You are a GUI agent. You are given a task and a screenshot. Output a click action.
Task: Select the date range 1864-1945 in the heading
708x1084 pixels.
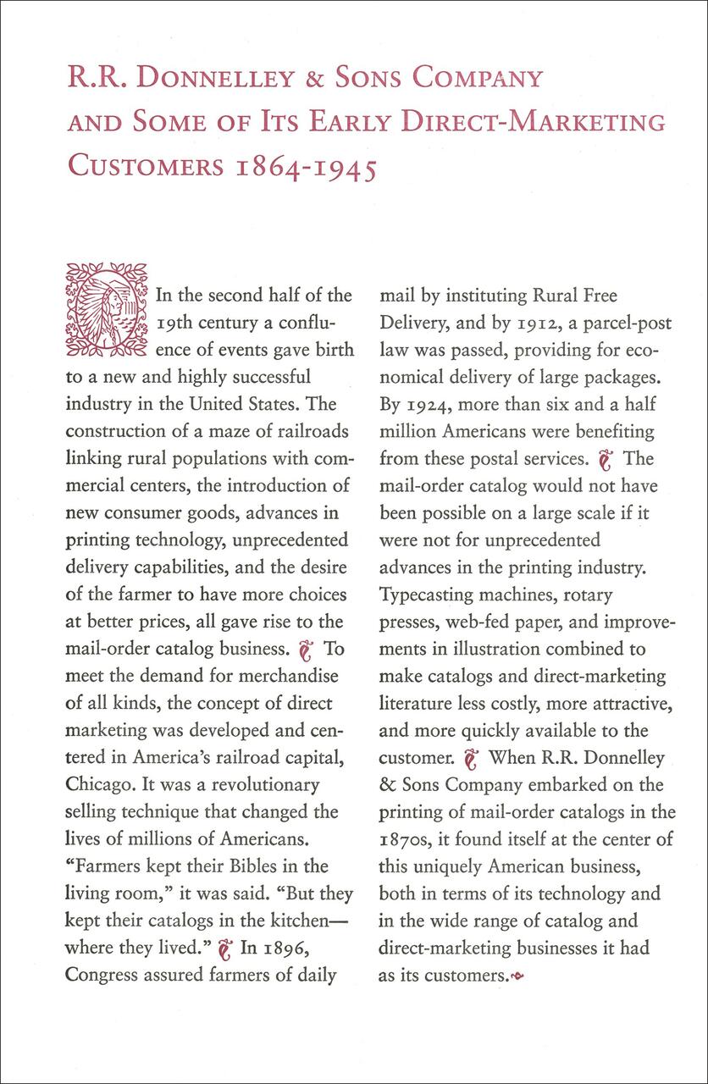307,165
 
